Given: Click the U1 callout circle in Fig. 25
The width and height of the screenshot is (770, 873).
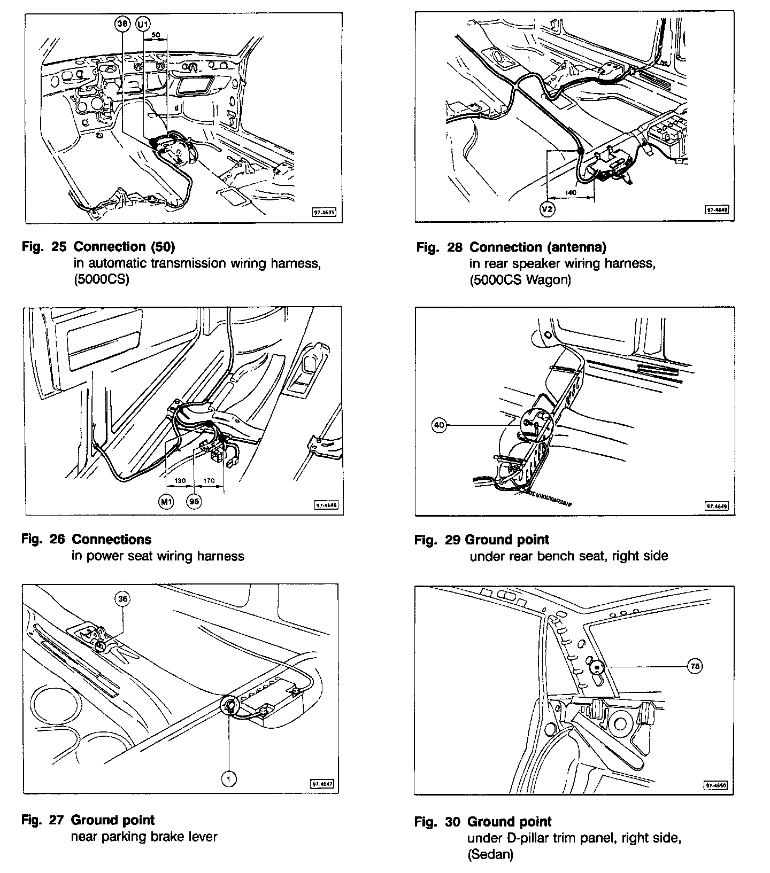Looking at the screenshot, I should point(143,24).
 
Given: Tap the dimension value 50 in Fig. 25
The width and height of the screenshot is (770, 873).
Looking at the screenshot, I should point(156,34).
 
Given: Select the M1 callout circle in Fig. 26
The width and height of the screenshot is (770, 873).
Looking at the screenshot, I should point(166,502).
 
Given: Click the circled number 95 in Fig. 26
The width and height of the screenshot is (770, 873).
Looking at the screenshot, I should point(195,502).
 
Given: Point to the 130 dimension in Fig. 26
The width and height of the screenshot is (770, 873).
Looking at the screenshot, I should point(180,481).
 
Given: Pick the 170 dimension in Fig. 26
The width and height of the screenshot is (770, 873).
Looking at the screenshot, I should point(209,481).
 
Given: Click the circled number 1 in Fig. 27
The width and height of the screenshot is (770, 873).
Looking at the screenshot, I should point(228,780).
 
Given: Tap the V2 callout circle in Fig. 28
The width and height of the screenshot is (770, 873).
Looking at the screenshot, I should point(547,209).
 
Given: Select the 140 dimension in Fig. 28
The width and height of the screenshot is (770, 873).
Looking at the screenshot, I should point(571,193).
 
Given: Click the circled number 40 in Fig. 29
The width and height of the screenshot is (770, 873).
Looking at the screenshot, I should point(439,425).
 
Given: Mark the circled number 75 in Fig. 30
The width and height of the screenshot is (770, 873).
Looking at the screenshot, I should point(695,666).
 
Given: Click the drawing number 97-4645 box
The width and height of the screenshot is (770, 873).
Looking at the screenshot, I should point(324,212).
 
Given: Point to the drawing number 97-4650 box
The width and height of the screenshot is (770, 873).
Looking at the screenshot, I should point(715,785).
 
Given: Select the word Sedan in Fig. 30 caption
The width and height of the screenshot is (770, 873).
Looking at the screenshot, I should point(491,855).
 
